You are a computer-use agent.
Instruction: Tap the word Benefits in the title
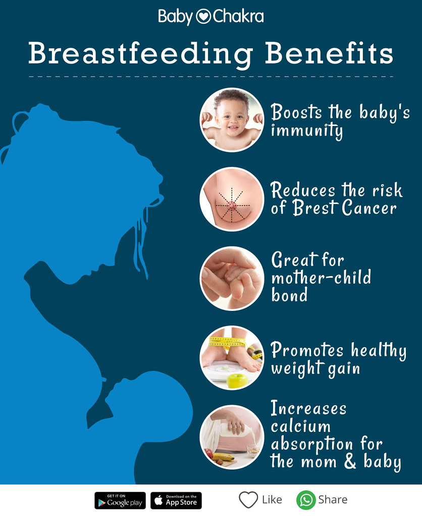(x=329, y=53)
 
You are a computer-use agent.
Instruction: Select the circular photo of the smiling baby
(x=232, y=120)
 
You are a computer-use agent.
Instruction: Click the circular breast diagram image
(x=232, y=199)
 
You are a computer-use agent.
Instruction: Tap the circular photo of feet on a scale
(x=232, y=357)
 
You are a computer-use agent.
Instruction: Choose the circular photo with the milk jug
(x=232, y=437)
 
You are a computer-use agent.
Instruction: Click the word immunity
(x=306, y=131)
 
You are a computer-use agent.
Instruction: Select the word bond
(x=289, y=295)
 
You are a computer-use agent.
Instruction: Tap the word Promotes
(x=307, y=350)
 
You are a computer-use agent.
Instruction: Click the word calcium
(x=300, y=426)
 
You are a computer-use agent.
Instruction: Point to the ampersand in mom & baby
(x=350, y=462)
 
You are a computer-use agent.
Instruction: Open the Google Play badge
(x=120, y=500)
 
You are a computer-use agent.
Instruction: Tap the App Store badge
(x=176, y=500)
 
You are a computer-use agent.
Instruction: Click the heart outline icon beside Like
(x=248, y=500)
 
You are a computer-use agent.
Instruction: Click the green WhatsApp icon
(x=305, y=500)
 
